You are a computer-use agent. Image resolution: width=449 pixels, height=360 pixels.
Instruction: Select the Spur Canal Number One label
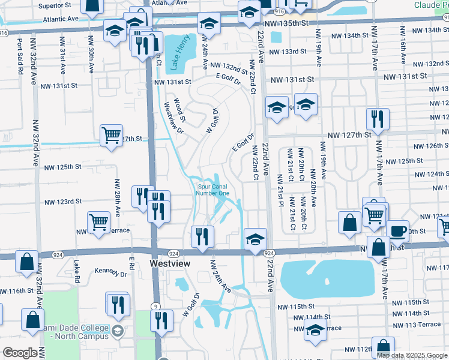click(213, 190)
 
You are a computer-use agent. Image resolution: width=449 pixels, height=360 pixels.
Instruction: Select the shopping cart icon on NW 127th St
click(111, 136)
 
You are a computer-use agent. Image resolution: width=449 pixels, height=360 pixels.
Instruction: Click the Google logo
click(19, 353)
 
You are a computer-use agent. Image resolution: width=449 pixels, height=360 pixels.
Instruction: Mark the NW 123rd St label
click(61, 202)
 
